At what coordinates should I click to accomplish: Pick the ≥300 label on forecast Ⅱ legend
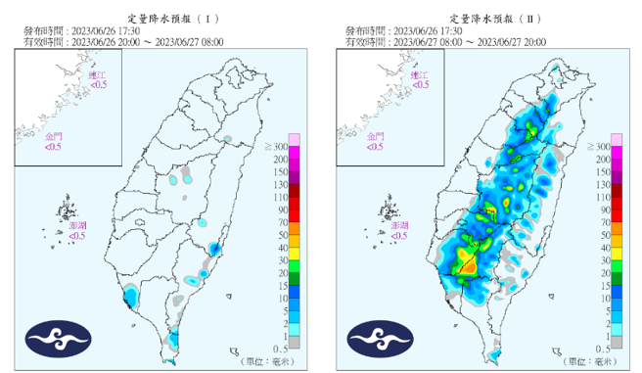pyautogui.click(x=596, y=146)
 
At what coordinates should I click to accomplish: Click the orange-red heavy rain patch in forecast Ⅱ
pyautogui.click(x=468, y=264)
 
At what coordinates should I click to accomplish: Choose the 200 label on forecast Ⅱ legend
pyautogui.click(x=599, y=159)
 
